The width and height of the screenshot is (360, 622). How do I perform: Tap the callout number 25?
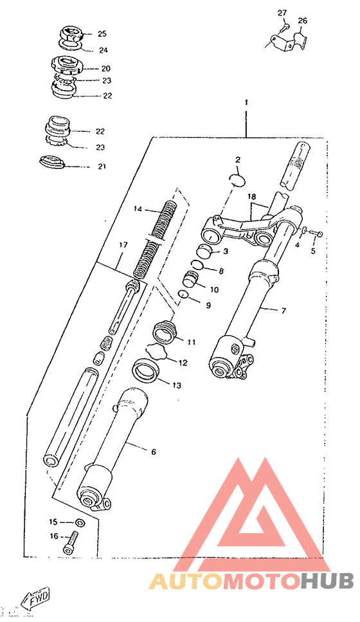pos(102,33)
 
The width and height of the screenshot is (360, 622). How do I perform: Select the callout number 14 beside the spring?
pos(138,208)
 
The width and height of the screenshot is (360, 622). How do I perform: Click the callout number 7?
pos(283,311)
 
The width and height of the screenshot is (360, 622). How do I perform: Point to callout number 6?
pos(154,452)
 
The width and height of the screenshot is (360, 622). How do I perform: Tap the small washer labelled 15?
pos(79,522)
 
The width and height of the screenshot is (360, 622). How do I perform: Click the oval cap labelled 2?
pos(238,179)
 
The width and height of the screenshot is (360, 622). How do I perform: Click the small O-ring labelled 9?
pos(183,294)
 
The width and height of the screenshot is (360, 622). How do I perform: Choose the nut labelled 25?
pos(71,32)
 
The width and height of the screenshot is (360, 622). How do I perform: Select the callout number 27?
pos(282,13)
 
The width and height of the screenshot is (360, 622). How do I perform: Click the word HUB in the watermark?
pos(327,581)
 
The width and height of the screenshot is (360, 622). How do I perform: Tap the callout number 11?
pos(192,342)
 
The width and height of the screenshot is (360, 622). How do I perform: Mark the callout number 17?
pos(123,245)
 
